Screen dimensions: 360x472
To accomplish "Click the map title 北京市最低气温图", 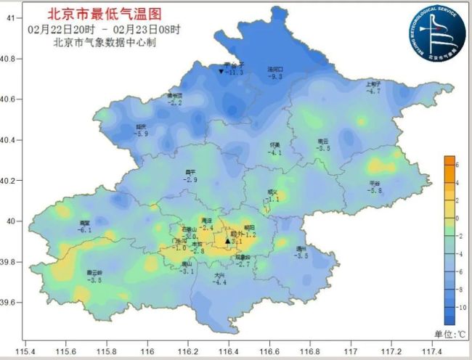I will [104, 14].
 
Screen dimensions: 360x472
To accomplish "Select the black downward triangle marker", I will [221, 71].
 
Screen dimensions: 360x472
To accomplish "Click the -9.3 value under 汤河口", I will [275, 76].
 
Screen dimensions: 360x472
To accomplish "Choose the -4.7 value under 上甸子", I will [373, 91].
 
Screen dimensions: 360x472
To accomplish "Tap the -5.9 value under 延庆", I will [142, 134].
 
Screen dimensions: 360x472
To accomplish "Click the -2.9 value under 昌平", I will [191, 179].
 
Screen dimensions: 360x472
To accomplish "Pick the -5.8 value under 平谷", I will [375, 191].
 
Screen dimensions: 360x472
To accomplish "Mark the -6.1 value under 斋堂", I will [85, 229].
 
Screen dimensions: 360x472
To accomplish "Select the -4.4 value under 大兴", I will [220, 282].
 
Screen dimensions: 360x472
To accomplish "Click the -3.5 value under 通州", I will [301, 256].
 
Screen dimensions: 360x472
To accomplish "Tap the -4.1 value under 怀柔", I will [275, 153].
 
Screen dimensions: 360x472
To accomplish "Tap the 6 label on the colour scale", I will [458, 165].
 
